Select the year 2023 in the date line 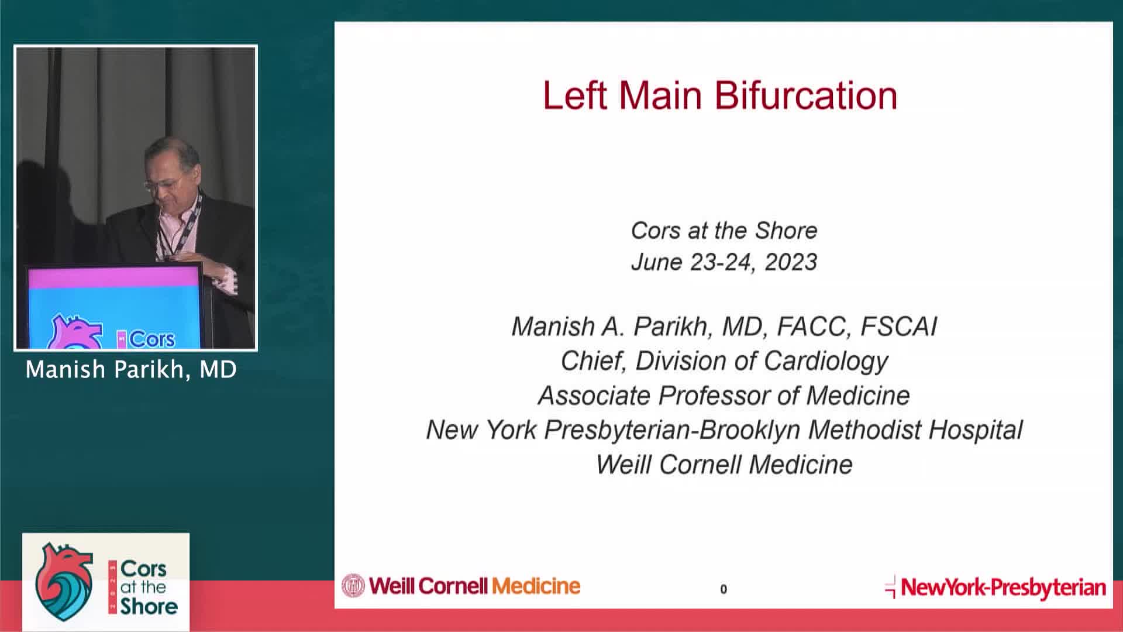[x=790, y=262]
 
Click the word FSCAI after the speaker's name [x=898, y=327]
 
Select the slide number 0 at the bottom [x=724, y=589]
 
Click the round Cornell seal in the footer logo [x=353, y=586]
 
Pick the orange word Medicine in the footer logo [x=536, y=586]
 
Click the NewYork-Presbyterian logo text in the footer [x=1003, y=588]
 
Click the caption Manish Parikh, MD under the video [x=131, y=370]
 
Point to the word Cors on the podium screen [x=151, y=339]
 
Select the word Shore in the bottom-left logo [x=149, y=606]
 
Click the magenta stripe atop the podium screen [x=114, y=278]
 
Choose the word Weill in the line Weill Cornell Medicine [x=623, y=465]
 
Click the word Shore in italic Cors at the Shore [x=786, y=231]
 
